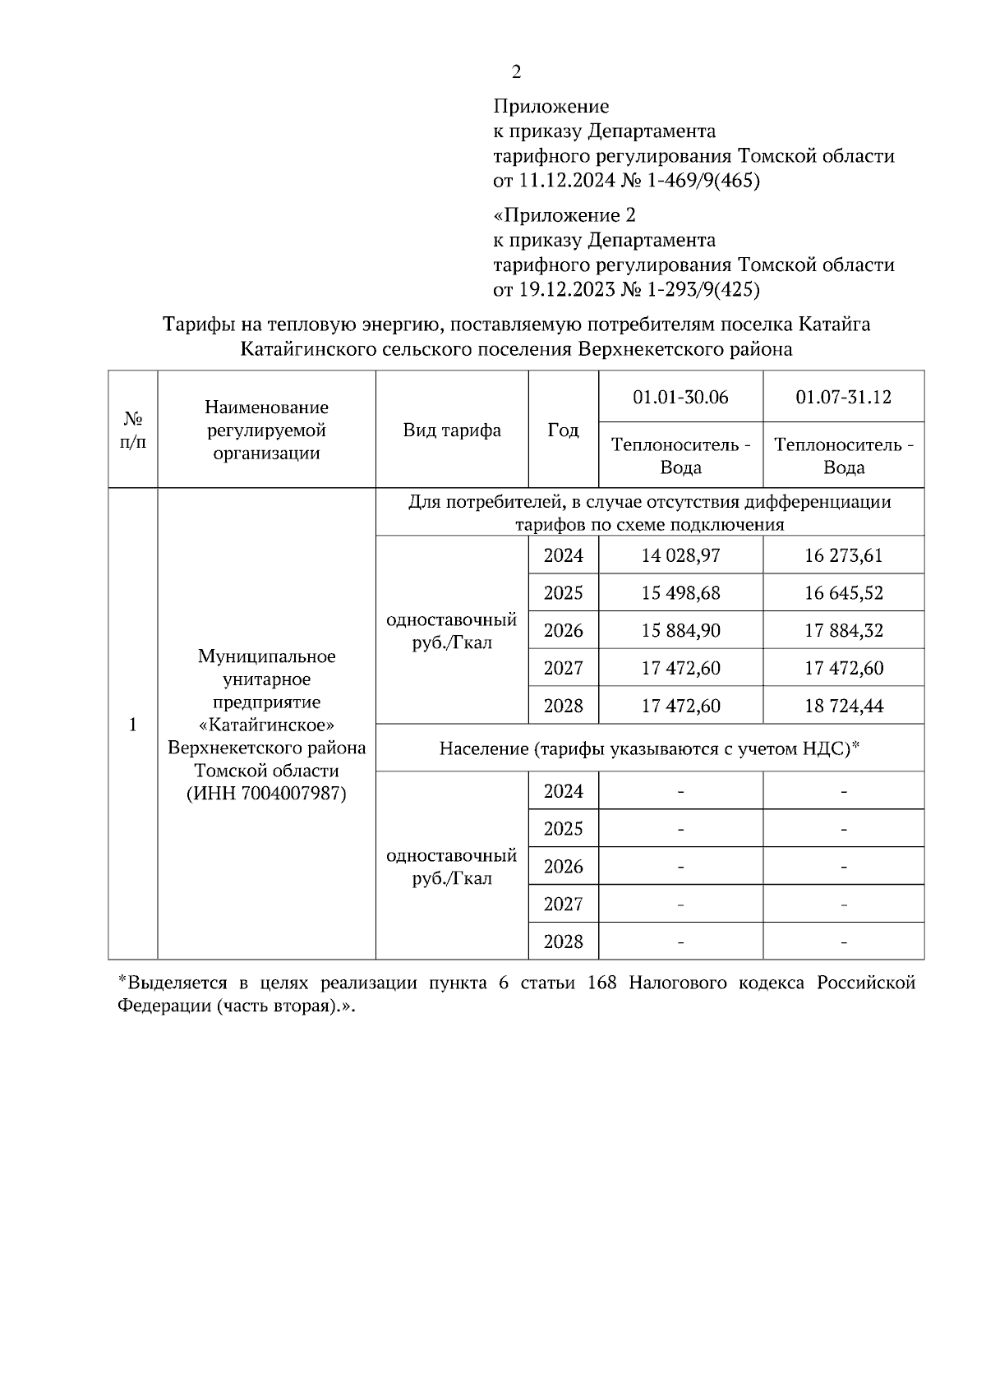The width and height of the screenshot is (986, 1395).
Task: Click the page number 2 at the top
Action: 516,72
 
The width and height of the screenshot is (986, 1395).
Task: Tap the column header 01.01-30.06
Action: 680,398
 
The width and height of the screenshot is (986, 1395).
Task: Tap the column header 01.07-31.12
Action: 843,398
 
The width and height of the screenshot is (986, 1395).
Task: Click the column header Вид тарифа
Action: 452,430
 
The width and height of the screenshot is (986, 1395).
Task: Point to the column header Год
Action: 563,430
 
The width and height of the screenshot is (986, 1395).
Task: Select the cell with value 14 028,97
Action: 680,555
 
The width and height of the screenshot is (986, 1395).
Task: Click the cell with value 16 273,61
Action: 843,555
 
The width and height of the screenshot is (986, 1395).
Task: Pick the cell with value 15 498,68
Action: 680,593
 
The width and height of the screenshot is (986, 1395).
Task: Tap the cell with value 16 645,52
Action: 843,593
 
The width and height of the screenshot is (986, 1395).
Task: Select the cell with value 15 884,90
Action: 680,631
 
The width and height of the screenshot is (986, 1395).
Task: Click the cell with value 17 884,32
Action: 843,631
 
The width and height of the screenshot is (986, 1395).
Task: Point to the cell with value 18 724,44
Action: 843,707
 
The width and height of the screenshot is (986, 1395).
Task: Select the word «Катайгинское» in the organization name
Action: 266,725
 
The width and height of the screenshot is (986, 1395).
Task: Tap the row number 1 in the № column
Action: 132,725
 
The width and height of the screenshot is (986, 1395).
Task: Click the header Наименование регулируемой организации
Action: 266,430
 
